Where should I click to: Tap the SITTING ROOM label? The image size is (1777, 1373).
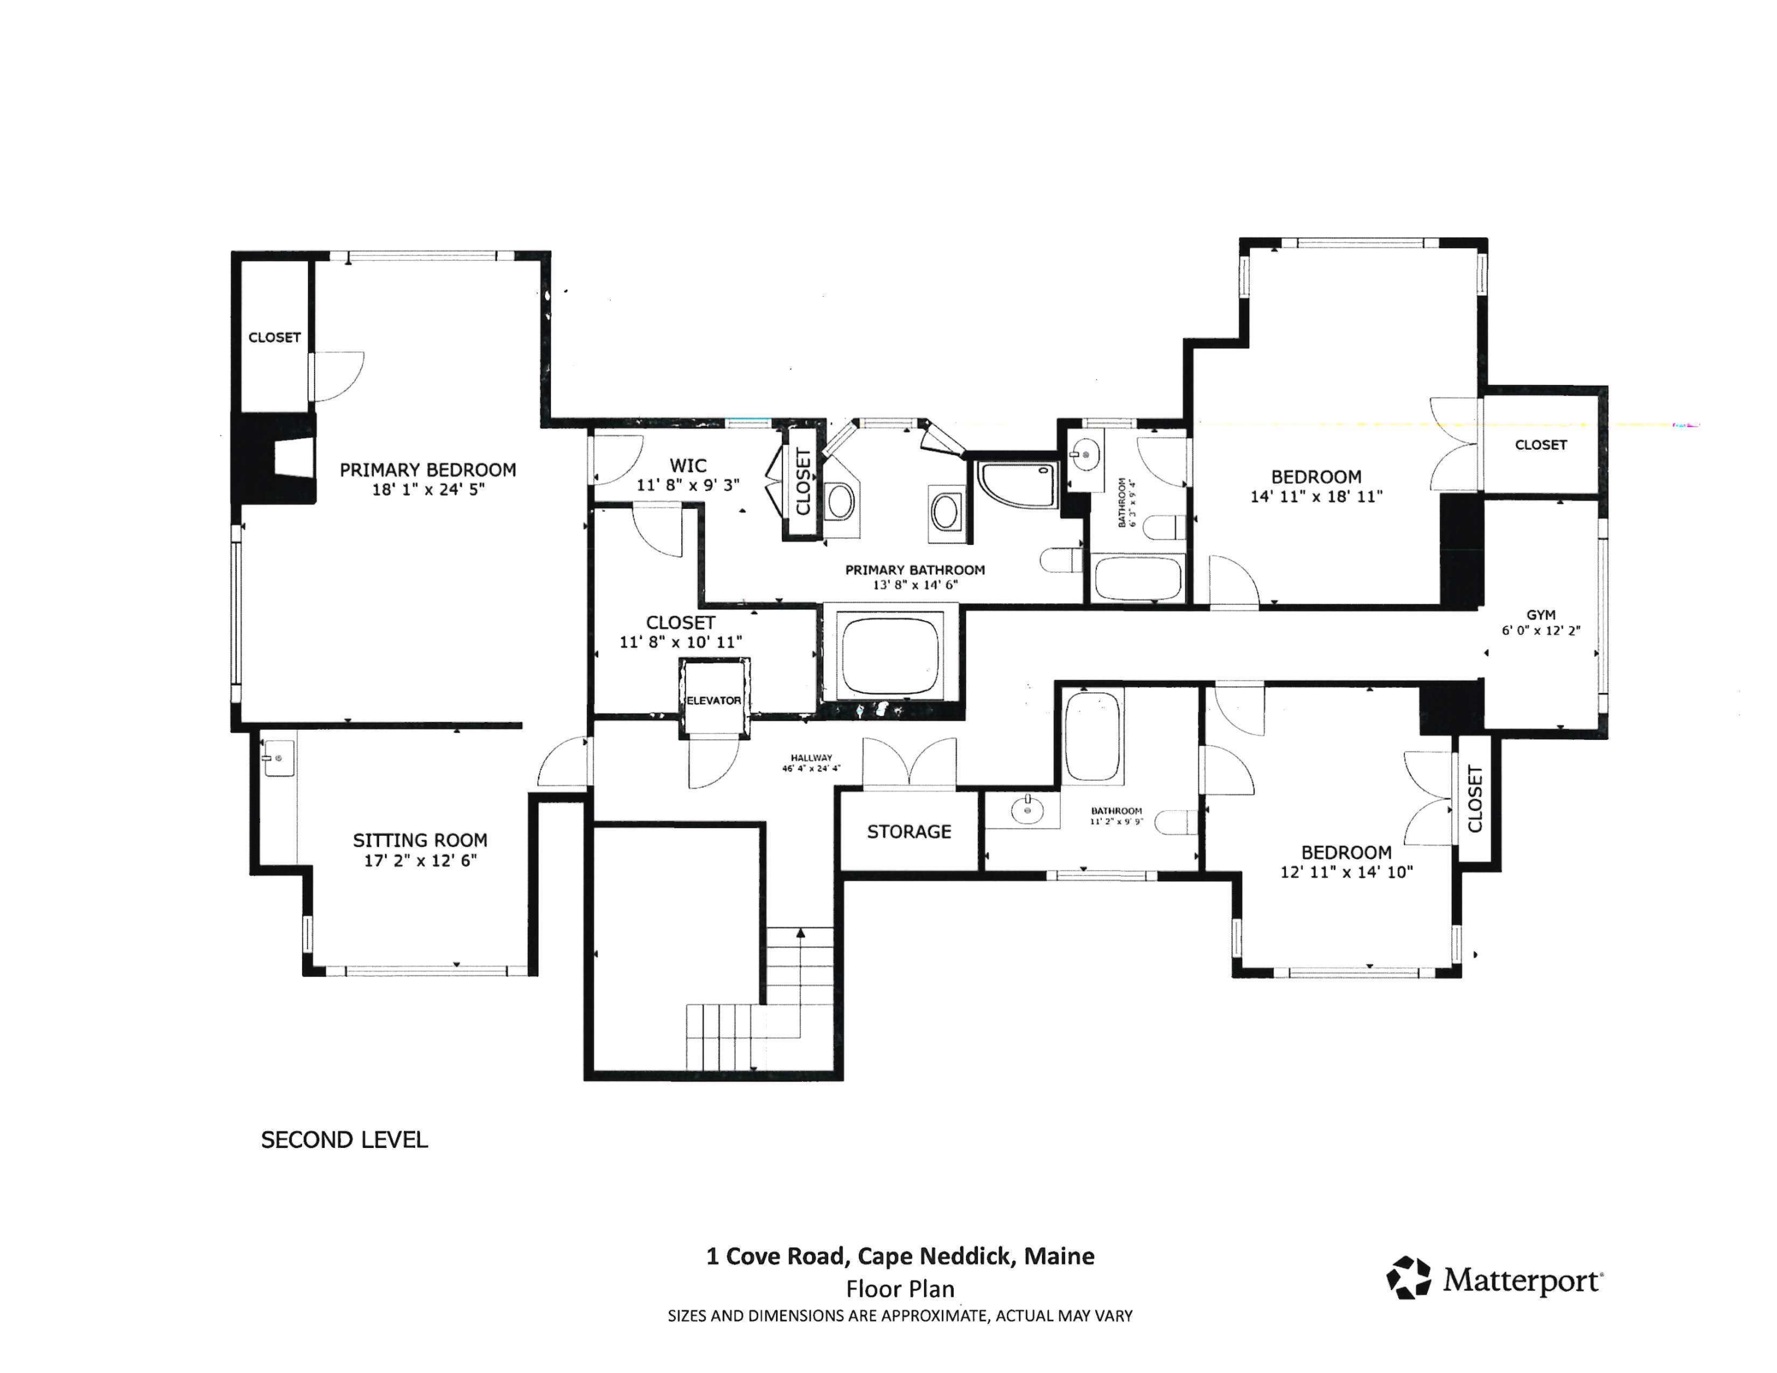coord(420,841)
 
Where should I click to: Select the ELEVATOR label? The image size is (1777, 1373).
coord(714,700)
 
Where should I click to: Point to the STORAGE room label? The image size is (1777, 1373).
coord(909,831)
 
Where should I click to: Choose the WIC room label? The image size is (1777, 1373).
coord(688,466)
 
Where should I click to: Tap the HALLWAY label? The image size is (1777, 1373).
coord(811,757)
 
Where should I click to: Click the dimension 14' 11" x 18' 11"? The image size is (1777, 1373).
coord(1317,496)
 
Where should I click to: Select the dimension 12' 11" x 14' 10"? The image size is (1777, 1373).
coord(1346,872)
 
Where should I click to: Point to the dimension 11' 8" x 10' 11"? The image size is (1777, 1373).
coord(681,641)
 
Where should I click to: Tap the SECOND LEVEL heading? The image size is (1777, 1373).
coord(344,1140)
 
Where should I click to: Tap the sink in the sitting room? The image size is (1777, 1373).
coord(278,759)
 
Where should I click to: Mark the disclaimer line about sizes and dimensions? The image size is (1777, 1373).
coord(900,1316)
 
